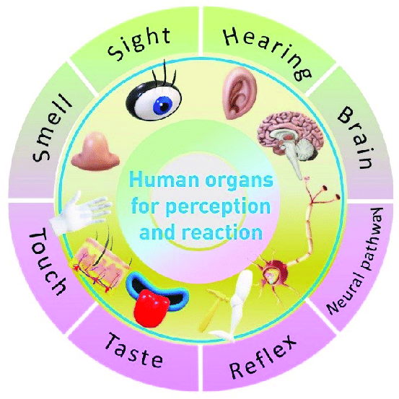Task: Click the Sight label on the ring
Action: click(x=139, y=44)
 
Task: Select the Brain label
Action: click(x=354, y=138)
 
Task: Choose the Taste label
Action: click(x=134, y=351)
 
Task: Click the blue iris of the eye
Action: click(x=162, y=105)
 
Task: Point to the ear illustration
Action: click(x=240, y=93)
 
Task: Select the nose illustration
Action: click(x=95, y=152)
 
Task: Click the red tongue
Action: click(x=149, y=307)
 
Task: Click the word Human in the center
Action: click(x=164, y=179)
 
